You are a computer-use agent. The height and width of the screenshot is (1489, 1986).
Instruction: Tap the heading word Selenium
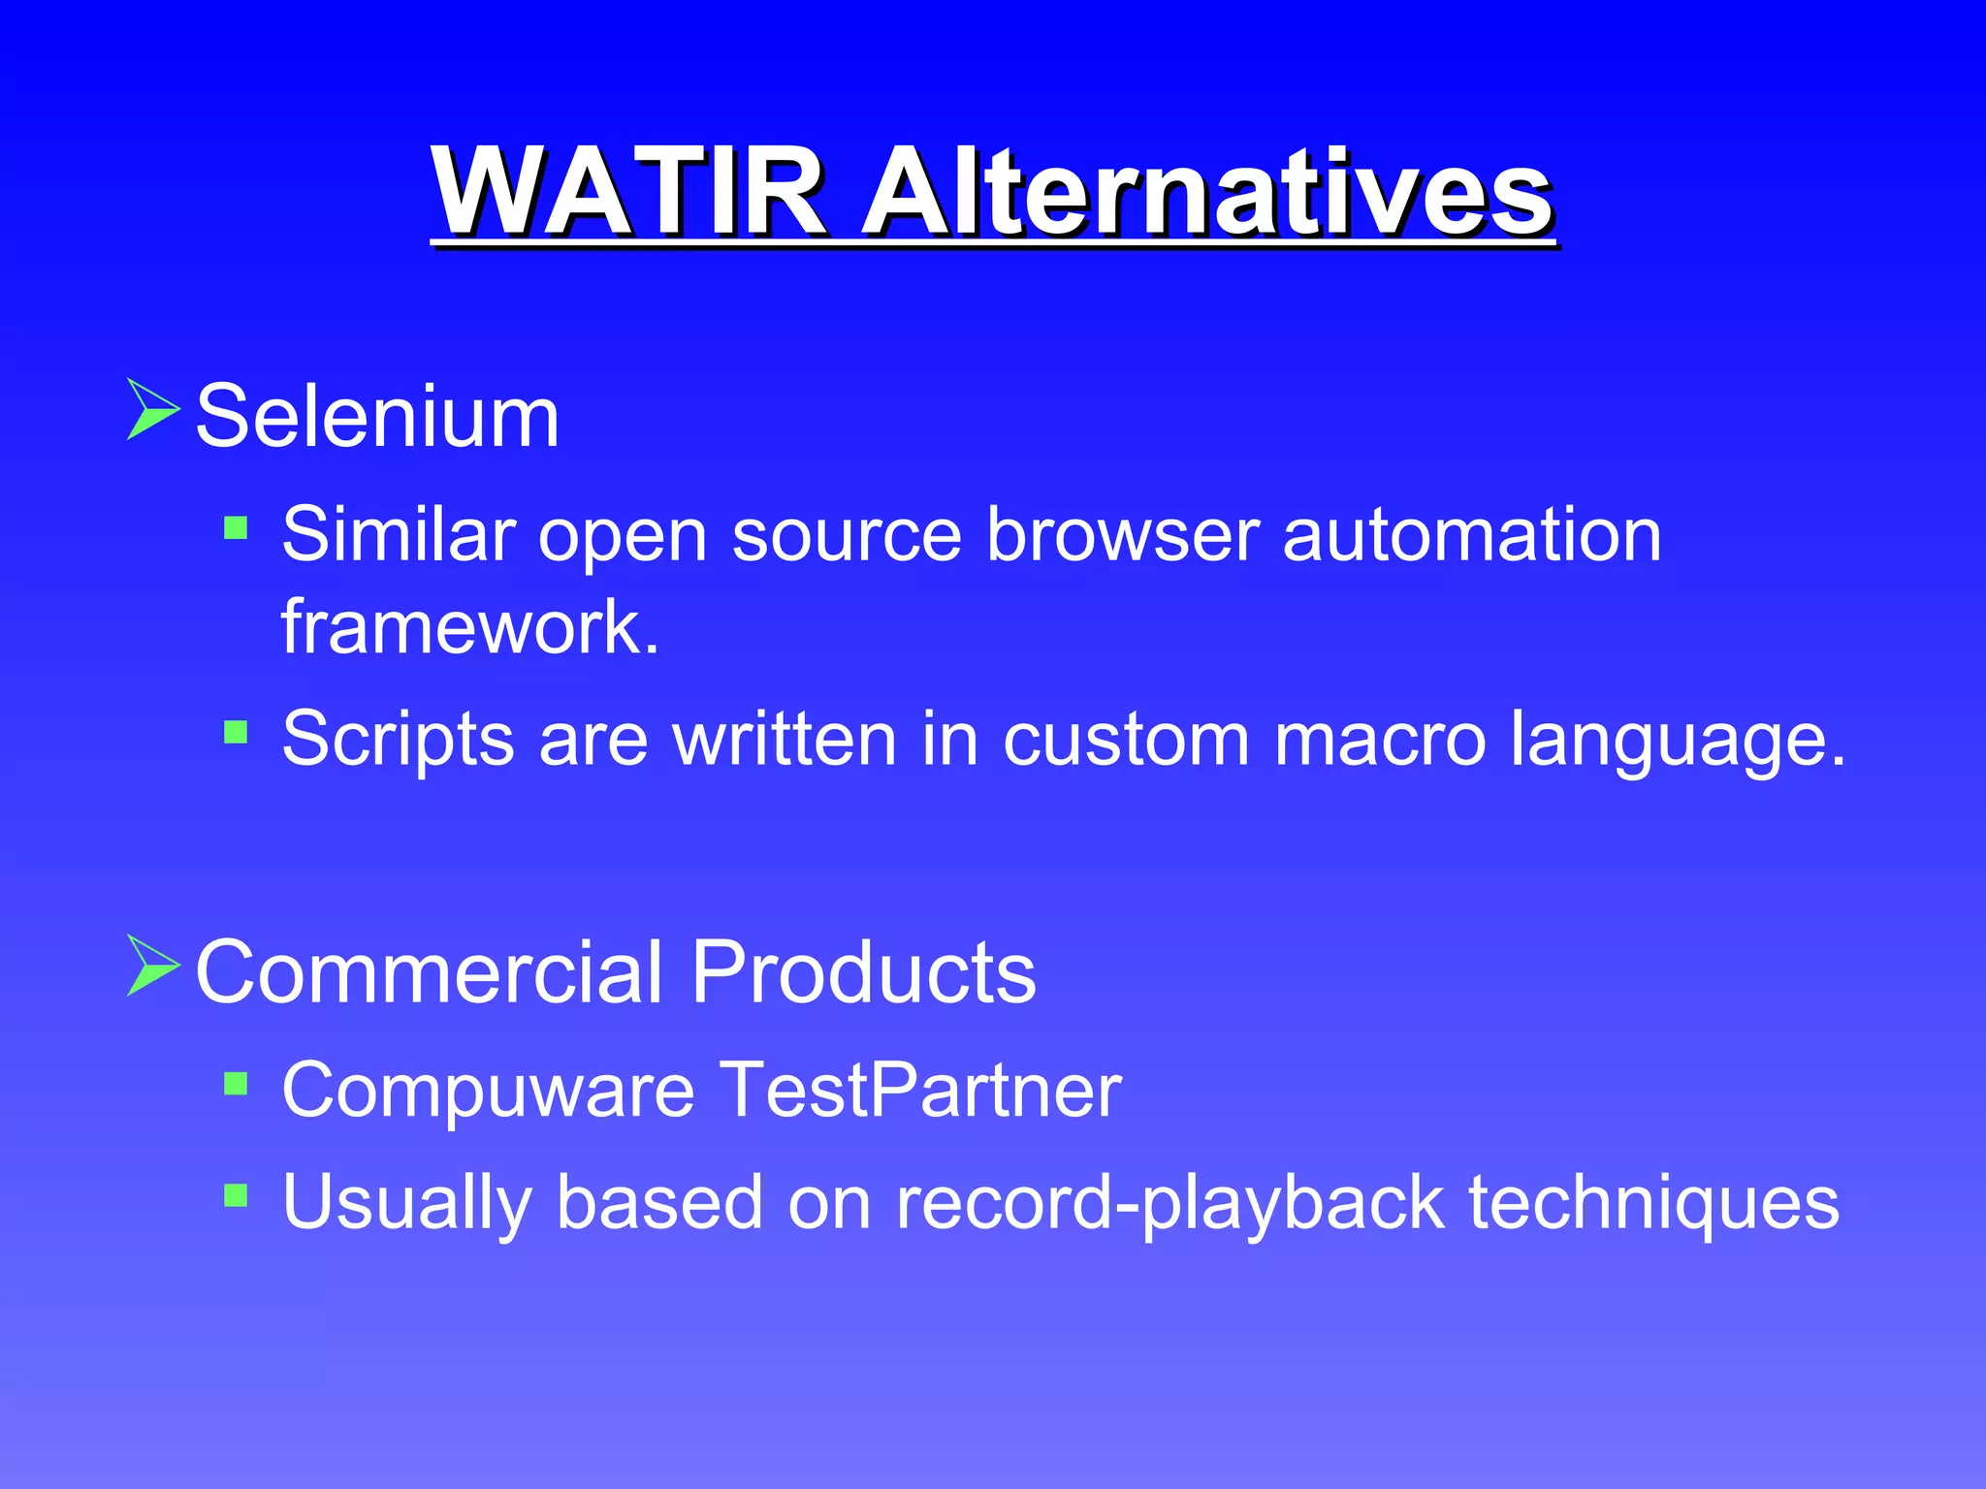[x=377, y=417]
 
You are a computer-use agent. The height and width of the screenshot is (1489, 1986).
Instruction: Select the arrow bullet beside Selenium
[x=152, y=410]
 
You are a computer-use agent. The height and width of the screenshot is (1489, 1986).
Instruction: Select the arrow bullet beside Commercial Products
[x=152, y=966]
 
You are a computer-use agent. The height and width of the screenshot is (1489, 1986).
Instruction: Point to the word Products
[x=863, y=972]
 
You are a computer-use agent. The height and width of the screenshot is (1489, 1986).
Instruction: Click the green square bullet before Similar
[x=236, y=528]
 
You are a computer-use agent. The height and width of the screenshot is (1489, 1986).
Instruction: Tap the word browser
[x=1123, y=535]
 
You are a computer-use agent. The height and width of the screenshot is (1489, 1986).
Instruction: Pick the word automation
[x=1472, y=535]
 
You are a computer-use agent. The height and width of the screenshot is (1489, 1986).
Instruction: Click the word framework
[x=469, y=627]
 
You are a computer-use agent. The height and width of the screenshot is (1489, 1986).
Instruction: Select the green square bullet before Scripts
[x=236, y=731]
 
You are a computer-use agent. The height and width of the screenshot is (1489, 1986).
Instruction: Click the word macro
[x=1379, y=740]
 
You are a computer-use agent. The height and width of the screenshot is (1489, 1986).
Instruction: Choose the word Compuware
[x=488, y=1092]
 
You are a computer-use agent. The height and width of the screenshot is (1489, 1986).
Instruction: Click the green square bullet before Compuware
[x=236, y=1083]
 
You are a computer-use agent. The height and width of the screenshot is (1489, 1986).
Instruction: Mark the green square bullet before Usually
[x=236, y=1194]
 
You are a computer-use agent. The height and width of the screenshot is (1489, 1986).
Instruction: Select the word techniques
[x=1653, y=1203]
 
